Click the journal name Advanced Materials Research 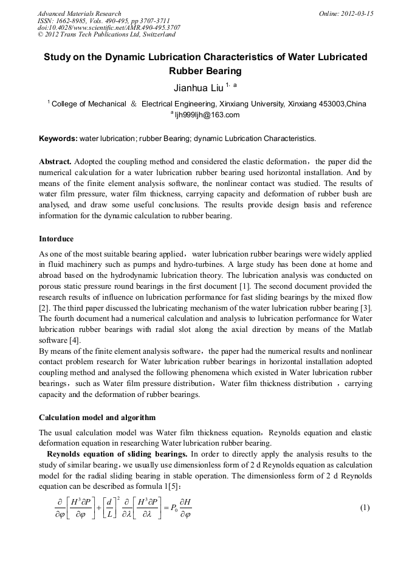(x=79, y=13)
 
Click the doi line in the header (x=109, y=27)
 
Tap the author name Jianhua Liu (x=198, y=88)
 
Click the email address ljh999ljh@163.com (x=207, y=115)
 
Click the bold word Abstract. (x=55, y=162)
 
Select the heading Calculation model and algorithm (x=97, y=418)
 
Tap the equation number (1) (x=365, y=507)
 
